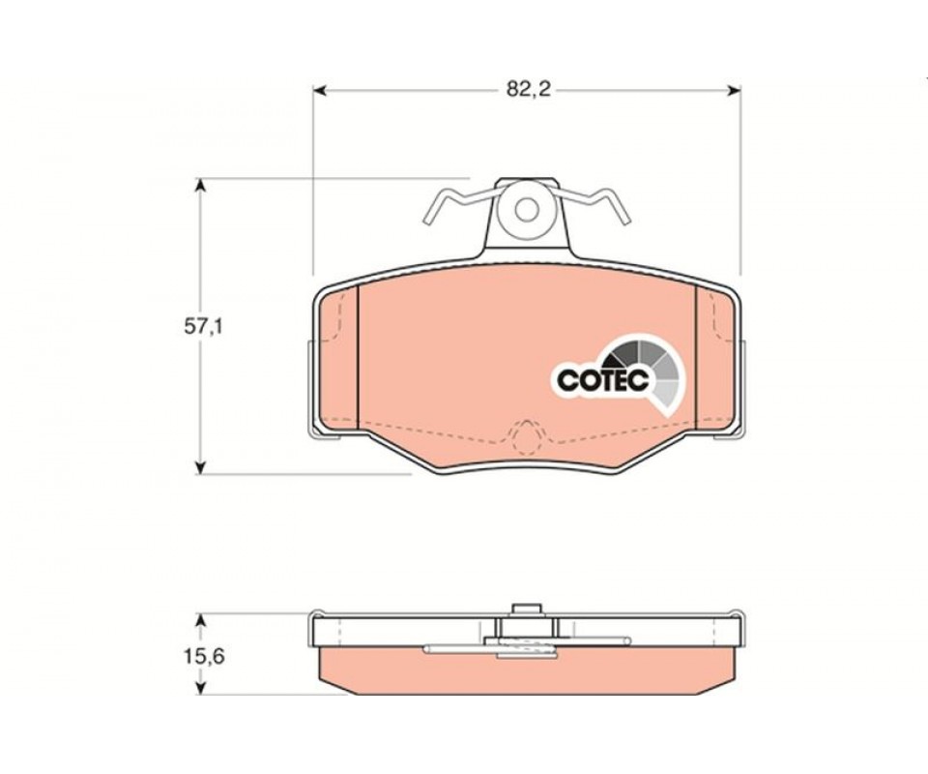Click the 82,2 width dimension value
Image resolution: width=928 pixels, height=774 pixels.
coord(528,89)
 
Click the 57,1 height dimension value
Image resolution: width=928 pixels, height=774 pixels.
coord(203,327)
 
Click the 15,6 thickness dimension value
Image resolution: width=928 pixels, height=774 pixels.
coord(205,657)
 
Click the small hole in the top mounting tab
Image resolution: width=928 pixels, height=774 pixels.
coord(526,209)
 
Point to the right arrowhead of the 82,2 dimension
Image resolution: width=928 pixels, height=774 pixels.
coord(734,90)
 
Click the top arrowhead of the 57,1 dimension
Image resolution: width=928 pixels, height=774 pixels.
coord(201,185)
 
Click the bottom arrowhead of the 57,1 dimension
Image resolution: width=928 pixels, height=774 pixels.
coord(201,466)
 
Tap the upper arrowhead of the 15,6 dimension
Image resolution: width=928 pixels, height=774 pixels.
coord(201,620)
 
